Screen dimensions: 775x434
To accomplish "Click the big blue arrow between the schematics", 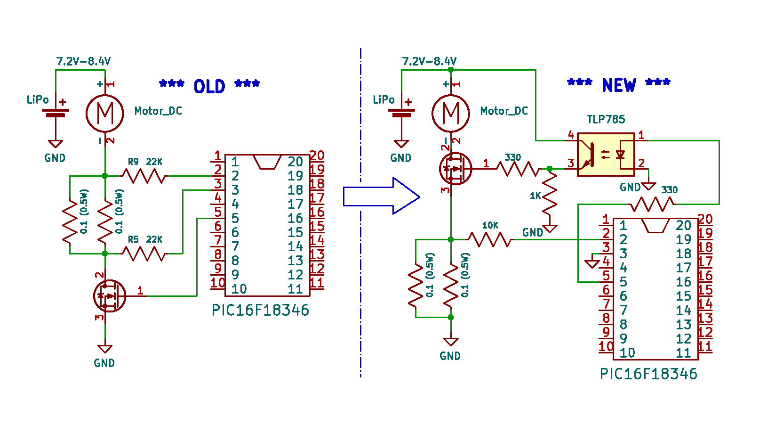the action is tap(381, 197).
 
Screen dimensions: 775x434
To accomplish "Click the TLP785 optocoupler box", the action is tap(606, 155).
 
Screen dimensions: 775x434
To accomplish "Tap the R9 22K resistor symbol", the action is tap(144, 176).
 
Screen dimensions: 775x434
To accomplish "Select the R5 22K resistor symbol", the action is tap(144, 254).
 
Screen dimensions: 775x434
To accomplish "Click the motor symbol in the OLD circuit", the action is tap(105, 114).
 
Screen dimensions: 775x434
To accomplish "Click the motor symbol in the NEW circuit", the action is tap(451, 114).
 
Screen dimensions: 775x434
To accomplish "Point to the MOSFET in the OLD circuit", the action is tap(109, 296).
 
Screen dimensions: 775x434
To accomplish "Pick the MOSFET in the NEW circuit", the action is tap(455, 169).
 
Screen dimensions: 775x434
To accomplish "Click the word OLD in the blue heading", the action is tap(209, 86).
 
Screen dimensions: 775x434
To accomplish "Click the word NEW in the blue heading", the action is tap(619, 85).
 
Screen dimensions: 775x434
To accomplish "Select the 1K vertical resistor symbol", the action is tap(550, 194).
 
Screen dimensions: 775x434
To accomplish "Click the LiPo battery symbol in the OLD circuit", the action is tap(56, 113).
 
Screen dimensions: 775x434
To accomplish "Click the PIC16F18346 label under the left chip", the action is tap(260, 311).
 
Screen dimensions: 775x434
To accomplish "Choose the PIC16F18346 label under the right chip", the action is tap(648, 374).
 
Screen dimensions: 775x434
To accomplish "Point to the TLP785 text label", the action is tap(606, 120).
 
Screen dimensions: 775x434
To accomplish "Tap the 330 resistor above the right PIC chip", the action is tap(652, 204).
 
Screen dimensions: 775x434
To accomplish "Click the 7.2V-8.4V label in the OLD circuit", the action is tap(83, 61).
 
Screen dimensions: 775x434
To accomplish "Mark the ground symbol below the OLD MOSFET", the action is tap(105, 349).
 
